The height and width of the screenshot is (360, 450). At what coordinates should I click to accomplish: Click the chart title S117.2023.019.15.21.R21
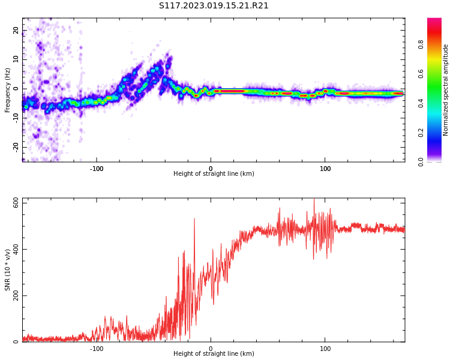(x=214, y=6)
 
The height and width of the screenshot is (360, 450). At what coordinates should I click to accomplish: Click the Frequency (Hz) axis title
(x=8, y=90)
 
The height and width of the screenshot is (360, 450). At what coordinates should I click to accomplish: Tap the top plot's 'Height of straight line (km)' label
(x=214, y=174)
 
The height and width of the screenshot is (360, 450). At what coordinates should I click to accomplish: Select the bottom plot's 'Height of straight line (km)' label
(x=214, y=354)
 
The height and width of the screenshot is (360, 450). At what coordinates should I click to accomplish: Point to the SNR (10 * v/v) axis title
(x=8, y=270)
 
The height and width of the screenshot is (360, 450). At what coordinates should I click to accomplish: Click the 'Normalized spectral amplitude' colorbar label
(x=446, y=90)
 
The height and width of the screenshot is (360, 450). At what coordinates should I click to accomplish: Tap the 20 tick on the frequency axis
(x=16, y=31)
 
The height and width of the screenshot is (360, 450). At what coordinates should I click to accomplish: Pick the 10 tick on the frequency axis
(x=16, y=59)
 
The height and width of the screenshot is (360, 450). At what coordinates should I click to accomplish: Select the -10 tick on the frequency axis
(x=15, y=118)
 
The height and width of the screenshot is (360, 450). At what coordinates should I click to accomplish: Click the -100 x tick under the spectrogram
(x=97, y=169)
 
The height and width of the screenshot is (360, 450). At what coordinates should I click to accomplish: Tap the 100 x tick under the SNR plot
(x=325, y=349)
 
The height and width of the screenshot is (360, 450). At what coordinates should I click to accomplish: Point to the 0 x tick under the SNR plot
(x=211, y=349)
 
